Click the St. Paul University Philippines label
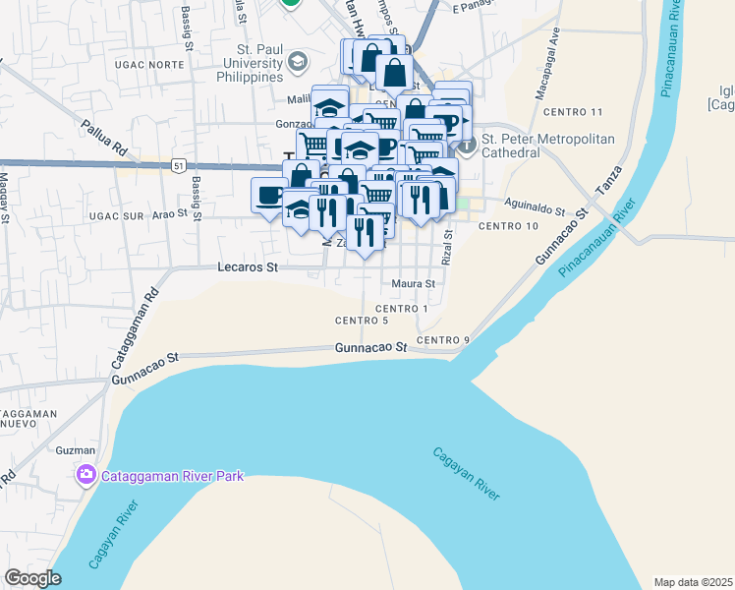tap(241, 63)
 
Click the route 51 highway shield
tap(178, 165)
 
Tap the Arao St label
tap(169, 212)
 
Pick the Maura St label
tap(413, 284)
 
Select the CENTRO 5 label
tap(362, 321)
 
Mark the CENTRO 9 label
tap(443, 340)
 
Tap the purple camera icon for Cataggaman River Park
tap(86, 477)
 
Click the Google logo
tap(33, 579)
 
